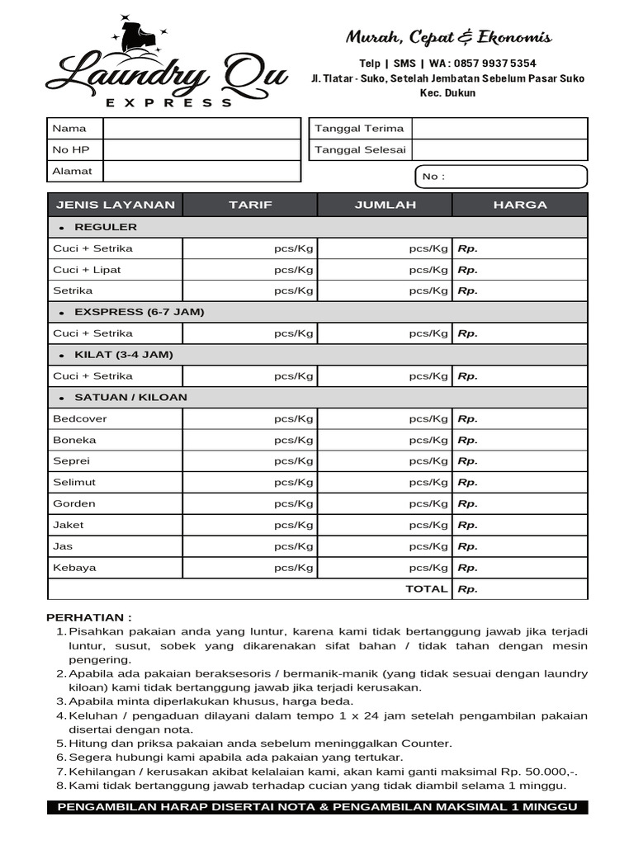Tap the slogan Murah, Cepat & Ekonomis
coord(448,37)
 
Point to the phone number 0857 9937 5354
coord(494,64)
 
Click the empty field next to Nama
coord(201,128)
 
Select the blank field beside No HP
coord(201,149)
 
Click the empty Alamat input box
coord(201,171)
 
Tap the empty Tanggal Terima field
coord(499,128)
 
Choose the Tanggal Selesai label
coord(360,149)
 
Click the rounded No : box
coord(499,177)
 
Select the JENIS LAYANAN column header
coord(115,205)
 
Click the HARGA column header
coord(520,205)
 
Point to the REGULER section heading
coord(106,227)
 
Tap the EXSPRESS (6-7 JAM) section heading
coord(139,312)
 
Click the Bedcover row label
coord(80,418)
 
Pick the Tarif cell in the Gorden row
coord(250,503)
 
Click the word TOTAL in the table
coord(426,589)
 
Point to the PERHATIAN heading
coord(88,617)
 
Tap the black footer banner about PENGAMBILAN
coord(317,807)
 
